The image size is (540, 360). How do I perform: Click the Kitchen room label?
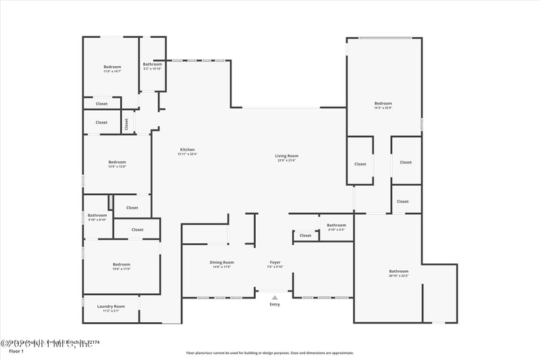point(187,149)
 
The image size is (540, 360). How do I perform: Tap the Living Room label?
point(286,156)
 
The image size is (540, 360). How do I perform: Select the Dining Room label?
point(221,262)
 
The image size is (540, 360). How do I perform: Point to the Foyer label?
point(275,262)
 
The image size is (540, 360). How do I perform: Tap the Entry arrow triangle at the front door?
point(275,297)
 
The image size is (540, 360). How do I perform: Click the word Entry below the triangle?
point(275,305)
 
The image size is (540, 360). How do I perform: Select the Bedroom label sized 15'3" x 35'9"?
point(383,103)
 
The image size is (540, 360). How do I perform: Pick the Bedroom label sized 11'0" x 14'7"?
point(112,66)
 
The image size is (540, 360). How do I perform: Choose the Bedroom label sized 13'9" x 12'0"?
point(117,161)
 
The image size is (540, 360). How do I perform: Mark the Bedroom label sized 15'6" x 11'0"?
point(121,264)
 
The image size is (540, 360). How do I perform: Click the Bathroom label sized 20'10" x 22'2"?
point(398,271)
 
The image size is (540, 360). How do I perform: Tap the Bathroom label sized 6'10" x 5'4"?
point(336,225)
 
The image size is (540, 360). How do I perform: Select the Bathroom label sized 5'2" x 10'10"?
point(152,64)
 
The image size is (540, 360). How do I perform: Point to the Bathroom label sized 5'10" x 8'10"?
point(97,215)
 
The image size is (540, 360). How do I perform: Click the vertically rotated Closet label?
point(126,124)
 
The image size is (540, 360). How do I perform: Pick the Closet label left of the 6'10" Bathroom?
point(306,236)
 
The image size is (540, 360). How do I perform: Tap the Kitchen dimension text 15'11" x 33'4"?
point(187,154)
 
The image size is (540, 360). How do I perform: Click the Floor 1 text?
point(16,351)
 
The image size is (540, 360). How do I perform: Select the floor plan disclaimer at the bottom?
point(269,353)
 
